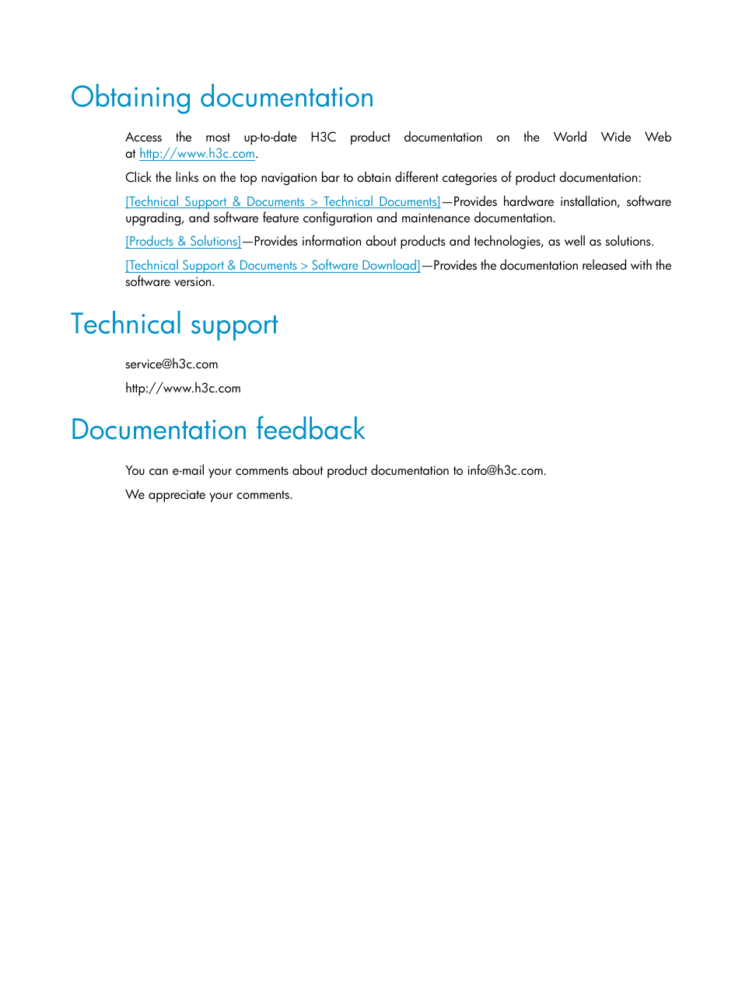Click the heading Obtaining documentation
point(222,98)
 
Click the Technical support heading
point(174,325)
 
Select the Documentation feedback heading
point(218,430)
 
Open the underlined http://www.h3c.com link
point(197,154)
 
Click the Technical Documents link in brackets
point(283,202)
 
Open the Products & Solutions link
point(183,242)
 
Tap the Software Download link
point(272,266)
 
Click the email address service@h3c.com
point(171,364)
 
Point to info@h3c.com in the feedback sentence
point(505,471)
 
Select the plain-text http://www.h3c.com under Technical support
point(183,389)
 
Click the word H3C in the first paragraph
point(323,138)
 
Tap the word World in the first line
point(569,138)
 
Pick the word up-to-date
point(270,138)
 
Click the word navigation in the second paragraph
point(289,178)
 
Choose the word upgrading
point(153,218)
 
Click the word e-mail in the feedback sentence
point(188,471)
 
